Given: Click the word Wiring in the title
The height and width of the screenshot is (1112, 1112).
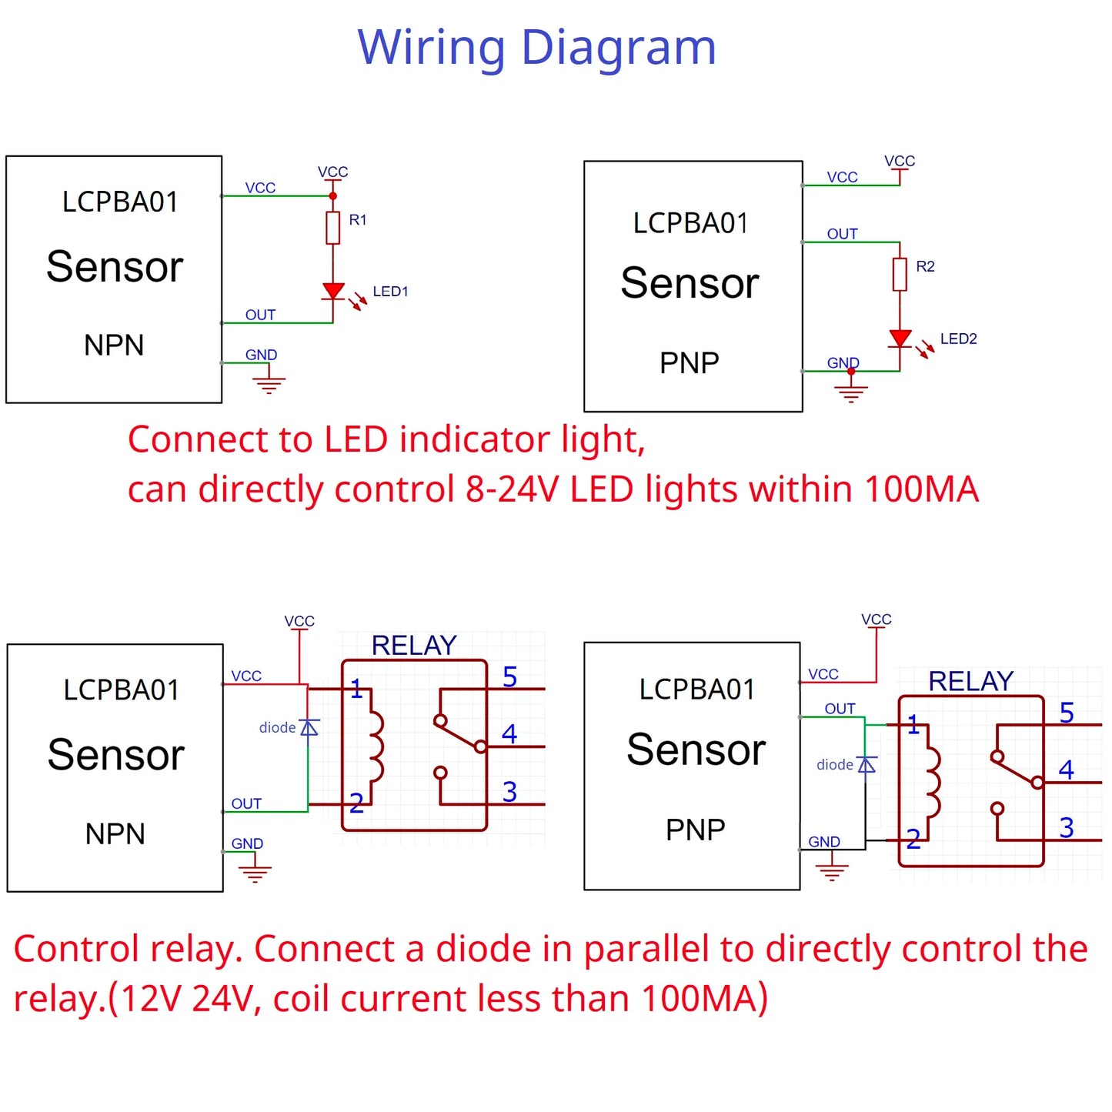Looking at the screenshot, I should (x=431, y=48).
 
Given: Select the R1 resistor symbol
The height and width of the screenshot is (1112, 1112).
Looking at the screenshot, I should (x=333, y=228).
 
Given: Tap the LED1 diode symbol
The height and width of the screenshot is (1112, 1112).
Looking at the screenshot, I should (x=333, y=292).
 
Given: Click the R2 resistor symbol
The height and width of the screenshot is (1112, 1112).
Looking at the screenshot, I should (x=900, y=274).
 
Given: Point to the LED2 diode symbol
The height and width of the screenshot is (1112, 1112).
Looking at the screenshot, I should (x=900, y=339).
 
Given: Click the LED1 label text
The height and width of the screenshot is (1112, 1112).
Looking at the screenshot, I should (x=390, y=292).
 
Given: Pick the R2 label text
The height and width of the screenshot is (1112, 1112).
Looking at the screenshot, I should (x=925, y=266).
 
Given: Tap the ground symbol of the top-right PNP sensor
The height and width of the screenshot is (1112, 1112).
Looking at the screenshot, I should (x=850, y=392).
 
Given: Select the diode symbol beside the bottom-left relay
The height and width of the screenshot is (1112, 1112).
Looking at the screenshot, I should (x=309, y=728).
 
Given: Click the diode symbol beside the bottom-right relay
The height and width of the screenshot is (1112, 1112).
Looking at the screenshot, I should (x=867, y=765).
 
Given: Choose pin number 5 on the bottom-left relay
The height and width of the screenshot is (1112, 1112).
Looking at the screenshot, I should (x=509, y=677).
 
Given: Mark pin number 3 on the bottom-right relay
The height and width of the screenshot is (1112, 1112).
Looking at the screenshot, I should (x=1066, y=828).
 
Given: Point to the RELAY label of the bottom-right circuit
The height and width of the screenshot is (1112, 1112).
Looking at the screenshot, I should (x=970, y=681).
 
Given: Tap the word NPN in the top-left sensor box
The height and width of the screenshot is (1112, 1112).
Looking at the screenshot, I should (x=114, y=346).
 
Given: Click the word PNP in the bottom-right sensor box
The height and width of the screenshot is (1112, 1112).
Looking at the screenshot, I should (x=695, y=830).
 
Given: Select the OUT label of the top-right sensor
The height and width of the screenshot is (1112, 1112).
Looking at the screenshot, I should (x=842, y=234).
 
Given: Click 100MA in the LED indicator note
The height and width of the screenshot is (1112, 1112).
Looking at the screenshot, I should (x=921, y=489).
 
